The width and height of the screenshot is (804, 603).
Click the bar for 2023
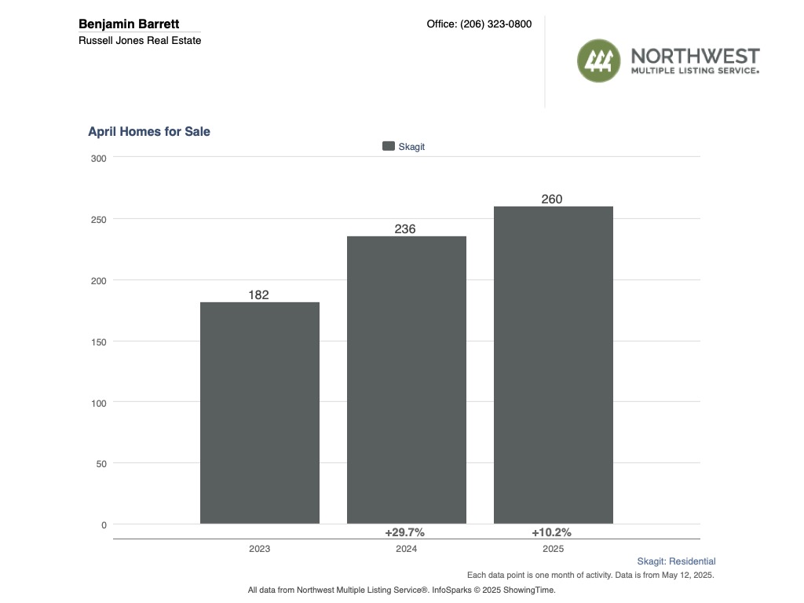tap(259, 412)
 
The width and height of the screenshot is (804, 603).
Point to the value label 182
tap(259, 295)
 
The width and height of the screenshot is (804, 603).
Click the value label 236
tap(406, 229)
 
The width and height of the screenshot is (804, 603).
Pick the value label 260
tap(552, 199)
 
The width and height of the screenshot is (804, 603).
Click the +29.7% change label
tap(405, 532)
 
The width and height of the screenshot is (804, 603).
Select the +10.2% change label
tap(552, 532)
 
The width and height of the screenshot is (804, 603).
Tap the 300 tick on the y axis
tap(99, 158)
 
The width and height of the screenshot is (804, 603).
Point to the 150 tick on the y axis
tap(99, 342)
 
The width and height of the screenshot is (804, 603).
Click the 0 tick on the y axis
tap(104, 524)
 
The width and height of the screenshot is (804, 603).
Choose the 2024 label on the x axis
tap(406, 549)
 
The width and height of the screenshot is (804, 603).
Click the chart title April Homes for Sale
tap(149, 132)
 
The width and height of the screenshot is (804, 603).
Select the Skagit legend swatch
tap(388, 146)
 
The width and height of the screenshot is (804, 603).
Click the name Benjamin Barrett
tap(129, 24)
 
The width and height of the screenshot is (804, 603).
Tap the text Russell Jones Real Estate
tap(140, 40)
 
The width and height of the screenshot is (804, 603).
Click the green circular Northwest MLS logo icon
tap(599, 60)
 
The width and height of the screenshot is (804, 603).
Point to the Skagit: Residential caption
tap(676, 561)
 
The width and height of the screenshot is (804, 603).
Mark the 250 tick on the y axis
tap(99, 219)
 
